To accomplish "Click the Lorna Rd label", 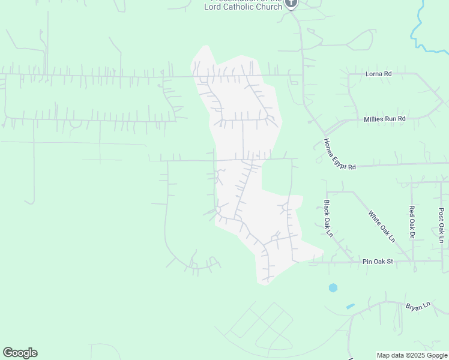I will [x=378, y=74].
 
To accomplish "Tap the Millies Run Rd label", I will [x=385, y=119].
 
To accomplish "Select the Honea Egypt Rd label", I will [x=340, y=154].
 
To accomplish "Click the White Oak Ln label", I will [x=382, y=226].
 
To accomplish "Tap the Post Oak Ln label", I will [x=441, y=225].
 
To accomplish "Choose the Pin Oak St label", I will [x=377, y=262].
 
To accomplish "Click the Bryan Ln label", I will [x=418, y=306].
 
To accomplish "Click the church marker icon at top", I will [x=291, y=3].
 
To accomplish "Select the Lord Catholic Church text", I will [x=243, y=7].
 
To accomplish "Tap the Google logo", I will [x=20, y=353].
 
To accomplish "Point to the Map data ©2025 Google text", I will [x=412, y=355].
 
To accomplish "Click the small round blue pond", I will [x=333, y=288].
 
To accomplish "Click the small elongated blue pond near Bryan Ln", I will [x=351, y=307].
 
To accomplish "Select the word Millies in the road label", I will [x=375, y=119].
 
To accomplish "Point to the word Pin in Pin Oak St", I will [x=367, y=262].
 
